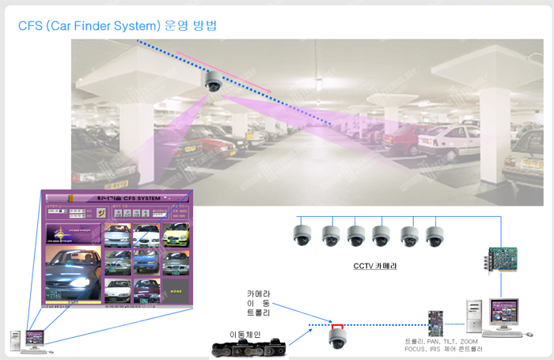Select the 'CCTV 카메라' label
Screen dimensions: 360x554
(x=374, y=266)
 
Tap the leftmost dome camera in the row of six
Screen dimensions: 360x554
(x=301, y=234)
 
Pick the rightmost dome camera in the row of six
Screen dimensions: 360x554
(x=434, y=234)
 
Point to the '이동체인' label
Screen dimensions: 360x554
(x=245, y=335)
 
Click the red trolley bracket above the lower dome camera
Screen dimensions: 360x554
(x=337, y=325)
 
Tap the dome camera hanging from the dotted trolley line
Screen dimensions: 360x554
(x=338, y=339)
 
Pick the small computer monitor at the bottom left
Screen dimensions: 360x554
(x=34, y=337)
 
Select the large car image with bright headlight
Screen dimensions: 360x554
(x=72, y=272)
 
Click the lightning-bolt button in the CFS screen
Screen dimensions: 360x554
(x=100, y=213)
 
